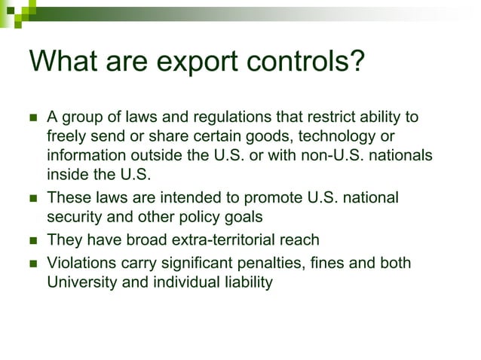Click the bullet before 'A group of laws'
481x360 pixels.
pyautogui.click(x=32, y=119)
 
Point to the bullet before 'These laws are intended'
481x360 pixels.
pyautogui.click(x=32, y=199)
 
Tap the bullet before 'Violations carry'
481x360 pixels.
pyautogui.click(x=32, y=264)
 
